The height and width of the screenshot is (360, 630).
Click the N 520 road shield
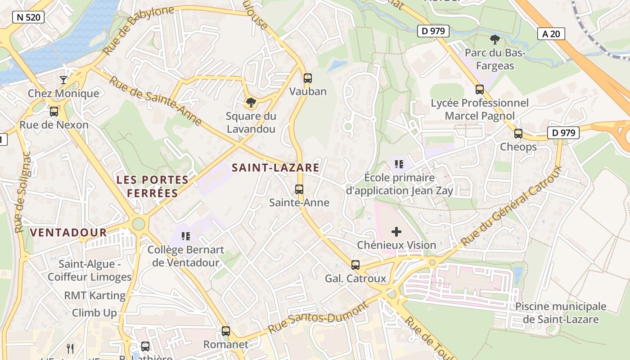28,18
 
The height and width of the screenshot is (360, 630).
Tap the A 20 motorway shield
551,34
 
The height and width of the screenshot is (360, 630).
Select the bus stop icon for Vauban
308,78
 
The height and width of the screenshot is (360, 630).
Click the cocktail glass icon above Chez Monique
63,80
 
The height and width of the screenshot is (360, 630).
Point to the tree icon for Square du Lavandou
251,103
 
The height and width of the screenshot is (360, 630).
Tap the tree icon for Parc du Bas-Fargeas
495,40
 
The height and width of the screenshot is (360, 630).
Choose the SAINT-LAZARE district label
275,168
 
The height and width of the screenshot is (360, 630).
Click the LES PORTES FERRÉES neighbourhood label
153,186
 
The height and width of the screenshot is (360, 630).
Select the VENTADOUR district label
68,233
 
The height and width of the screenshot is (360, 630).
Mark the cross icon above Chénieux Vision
396,232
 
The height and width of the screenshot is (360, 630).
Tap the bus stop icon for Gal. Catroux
355,265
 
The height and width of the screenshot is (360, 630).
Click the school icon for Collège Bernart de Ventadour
186,236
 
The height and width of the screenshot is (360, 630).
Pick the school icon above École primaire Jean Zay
399,164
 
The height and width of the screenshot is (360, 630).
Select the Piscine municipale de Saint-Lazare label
561,313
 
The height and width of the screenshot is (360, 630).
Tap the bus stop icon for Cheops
518,134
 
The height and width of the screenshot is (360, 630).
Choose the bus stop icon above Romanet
226,331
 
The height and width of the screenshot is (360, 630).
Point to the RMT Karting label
94,296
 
